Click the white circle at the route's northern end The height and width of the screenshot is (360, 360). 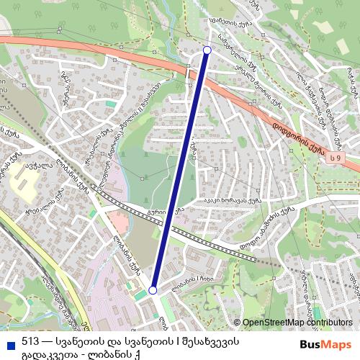[x=207, y=50]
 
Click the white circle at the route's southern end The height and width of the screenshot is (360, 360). [x=153, y=290]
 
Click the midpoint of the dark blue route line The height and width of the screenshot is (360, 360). [x=180, y=170]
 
